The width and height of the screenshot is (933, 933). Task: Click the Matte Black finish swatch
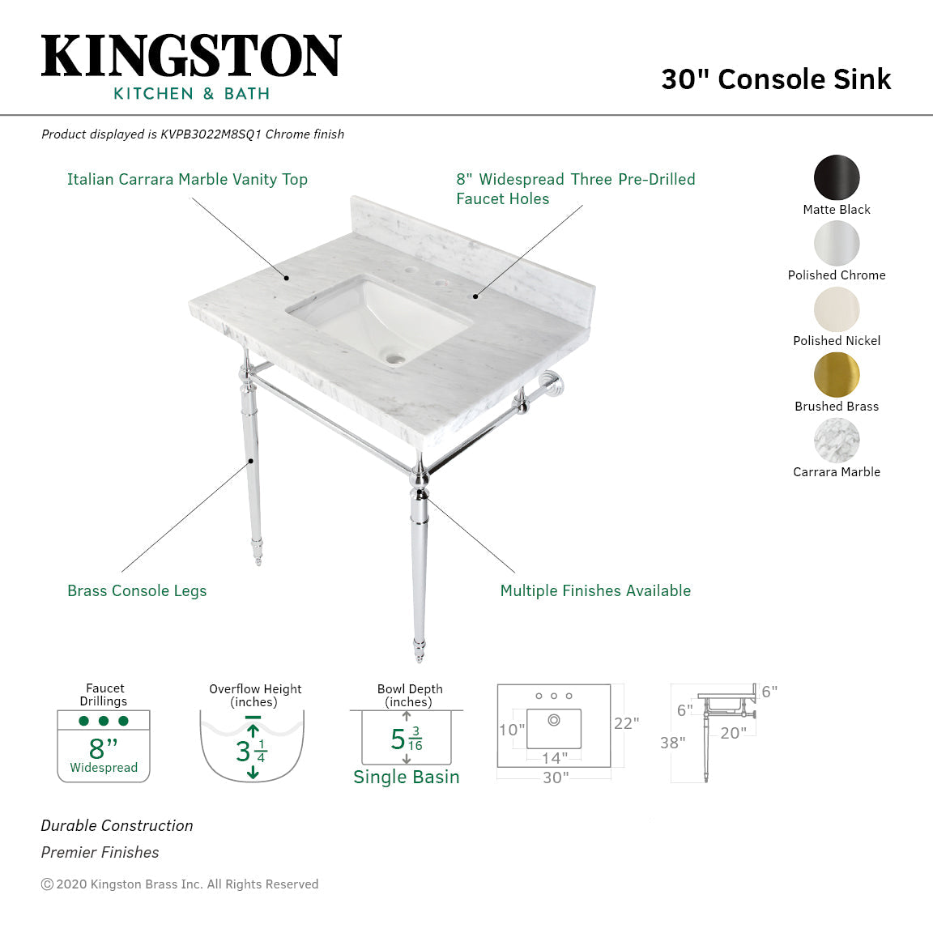(837, 177)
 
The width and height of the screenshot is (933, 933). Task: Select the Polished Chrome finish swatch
(837, 243)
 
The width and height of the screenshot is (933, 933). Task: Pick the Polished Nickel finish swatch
(837, 309)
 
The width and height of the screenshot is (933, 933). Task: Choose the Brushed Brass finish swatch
(837, 375)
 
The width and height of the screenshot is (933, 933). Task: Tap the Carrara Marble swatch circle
(837, 441)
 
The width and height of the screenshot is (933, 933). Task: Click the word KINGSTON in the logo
(191, 57)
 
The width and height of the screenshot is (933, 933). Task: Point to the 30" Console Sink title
(775, 79)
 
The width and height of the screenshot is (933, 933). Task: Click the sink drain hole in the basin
(395, 356)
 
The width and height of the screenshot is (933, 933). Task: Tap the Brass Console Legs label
(137, 591)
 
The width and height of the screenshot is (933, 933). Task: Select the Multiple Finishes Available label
(595, 591)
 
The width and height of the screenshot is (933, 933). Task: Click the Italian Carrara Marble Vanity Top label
(187, 180)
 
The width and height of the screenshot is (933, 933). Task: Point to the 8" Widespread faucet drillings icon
(104, 746)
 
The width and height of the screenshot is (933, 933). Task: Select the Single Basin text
(406, 777)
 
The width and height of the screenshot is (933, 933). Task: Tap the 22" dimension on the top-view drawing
(626, 723)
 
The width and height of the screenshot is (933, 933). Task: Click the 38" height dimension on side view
(672, 743)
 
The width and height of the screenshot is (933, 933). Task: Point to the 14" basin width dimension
(555, 758)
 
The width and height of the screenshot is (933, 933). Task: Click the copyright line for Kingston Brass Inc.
(180, 884)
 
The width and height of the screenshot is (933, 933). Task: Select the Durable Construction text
(117, 826)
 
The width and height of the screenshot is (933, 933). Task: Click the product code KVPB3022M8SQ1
(211, 134)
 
